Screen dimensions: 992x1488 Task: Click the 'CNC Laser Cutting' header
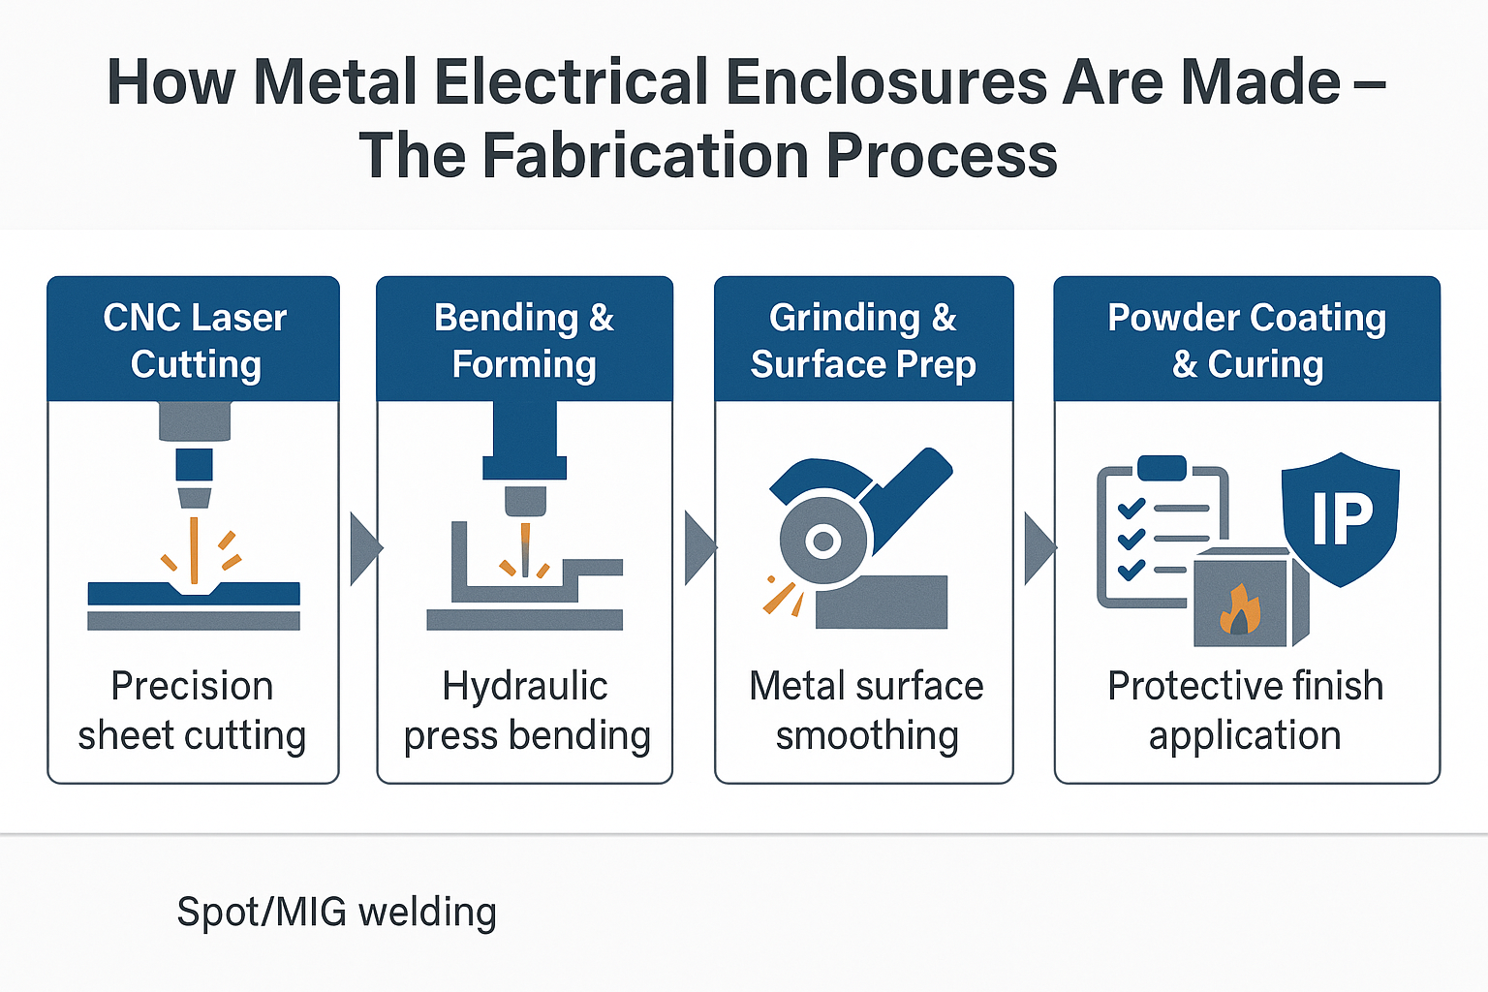195,340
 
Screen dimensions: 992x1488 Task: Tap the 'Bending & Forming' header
524,340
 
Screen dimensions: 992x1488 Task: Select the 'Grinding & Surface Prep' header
863,340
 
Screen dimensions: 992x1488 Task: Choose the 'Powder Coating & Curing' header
1247,340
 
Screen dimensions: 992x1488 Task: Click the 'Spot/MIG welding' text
336,912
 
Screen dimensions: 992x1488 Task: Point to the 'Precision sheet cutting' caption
192,710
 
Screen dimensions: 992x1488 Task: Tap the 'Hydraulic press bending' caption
526,710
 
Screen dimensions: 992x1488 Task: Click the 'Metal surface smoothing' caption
866,710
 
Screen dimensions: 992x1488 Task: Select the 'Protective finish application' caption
1246,710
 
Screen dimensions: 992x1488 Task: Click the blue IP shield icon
1341,518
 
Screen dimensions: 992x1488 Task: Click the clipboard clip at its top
1162,468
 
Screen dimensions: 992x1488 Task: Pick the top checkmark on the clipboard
1131,509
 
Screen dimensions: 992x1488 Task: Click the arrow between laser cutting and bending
364,548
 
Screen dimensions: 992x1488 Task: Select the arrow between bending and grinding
698,548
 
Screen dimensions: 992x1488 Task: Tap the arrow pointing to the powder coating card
1038,548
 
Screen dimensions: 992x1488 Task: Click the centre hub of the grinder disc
823,541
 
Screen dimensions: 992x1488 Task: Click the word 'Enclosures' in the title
885,82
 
